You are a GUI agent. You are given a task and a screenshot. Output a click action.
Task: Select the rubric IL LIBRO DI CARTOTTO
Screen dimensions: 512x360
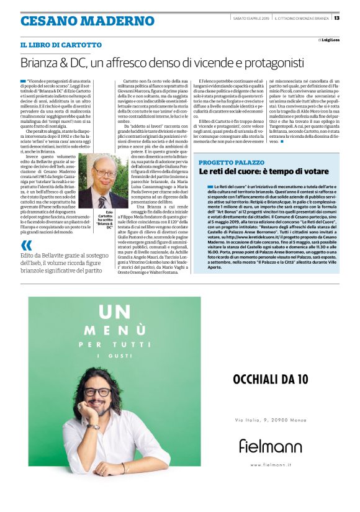point(61,45)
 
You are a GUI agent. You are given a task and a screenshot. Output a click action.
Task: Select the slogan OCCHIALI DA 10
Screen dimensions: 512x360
point(269,379)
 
